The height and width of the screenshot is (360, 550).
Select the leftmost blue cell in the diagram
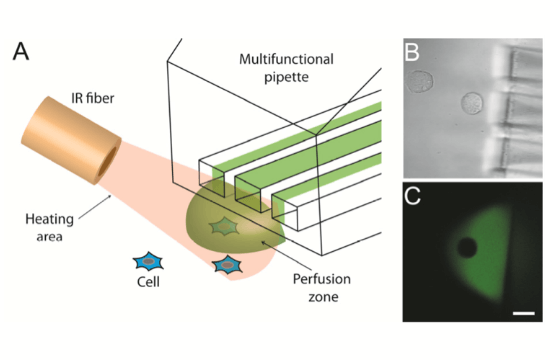tap(149, 261)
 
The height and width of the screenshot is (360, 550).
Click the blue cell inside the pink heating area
tap(229, 266)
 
